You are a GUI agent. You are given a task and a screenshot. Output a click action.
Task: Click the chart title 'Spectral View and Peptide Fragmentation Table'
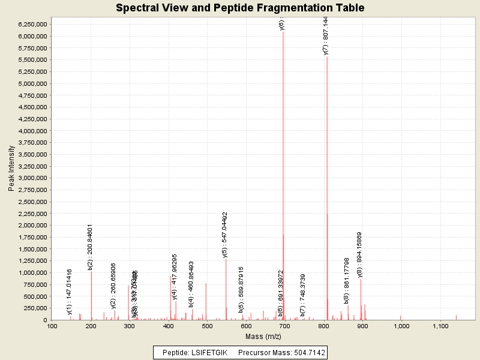coord(239,8)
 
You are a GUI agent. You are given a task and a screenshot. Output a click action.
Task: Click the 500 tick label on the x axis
coord(208,326)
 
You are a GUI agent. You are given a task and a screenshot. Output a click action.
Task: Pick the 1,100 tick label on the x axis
coord(440,326)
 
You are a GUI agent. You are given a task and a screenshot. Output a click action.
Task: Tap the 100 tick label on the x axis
coord(53,326)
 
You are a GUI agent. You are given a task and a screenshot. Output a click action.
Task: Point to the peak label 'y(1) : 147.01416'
coord(70,292)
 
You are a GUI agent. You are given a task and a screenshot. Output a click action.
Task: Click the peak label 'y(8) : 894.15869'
coord(360,254)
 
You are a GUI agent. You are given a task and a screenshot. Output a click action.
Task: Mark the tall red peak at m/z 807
coord(327,192)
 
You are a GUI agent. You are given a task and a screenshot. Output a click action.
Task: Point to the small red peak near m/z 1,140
coord(456,317)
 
